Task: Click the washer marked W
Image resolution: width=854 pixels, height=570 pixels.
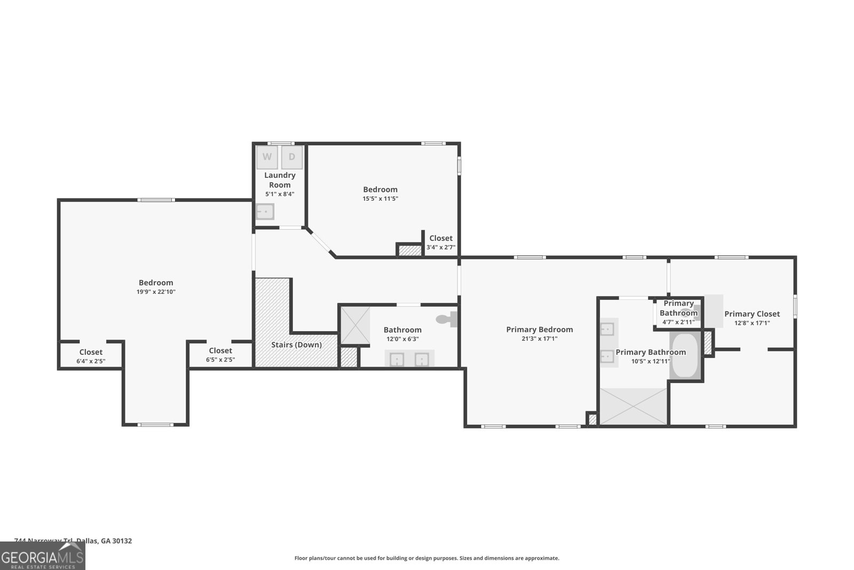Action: pyautogui.click(x=267, y=157)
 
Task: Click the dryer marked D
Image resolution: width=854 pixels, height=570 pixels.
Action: pyautogui.click(x=292, y=157)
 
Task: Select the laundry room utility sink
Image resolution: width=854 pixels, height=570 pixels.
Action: pyautogui.click(x=264, y=212)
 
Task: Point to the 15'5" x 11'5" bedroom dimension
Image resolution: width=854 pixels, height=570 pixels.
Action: pyautogui.click(x=380, y=199)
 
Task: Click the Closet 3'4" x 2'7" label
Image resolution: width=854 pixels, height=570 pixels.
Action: pyautogui.click(x=441, y=238)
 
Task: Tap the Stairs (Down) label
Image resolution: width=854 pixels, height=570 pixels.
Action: pyautogui.click(x=296, y=345)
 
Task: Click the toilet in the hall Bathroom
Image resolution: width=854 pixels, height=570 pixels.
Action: pyautogui.click(x=446, y=319)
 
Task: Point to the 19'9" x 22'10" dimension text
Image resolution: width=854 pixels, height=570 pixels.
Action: pyautogui.click(x=156, y=292)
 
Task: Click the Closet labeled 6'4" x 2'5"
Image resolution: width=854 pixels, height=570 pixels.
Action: pyautogui.click(x=91, y=352)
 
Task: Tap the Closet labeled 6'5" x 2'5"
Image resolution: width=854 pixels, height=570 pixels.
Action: pyautogui.click(x=220, y=351)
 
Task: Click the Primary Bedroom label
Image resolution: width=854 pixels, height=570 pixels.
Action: pyautogui.click(x=539, y=330)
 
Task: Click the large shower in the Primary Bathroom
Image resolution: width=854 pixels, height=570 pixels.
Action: pyautogui.click(x=634, y=407)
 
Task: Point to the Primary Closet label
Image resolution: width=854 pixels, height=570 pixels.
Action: pyautogui.click(x=752, y=314)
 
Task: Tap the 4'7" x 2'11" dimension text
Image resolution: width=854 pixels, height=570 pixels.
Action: pyautogui.click(x=678, y=322)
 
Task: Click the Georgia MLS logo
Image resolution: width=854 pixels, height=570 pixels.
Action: pyautogui.click(x=42, y=556)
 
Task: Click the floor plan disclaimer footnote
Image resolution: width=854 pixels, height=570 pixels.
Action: pyautogui.click(x=426, y=558)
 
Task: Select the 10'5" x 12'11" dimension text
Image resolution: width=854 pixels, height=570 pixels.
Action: pyautogui.click(x=651, y=361)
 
